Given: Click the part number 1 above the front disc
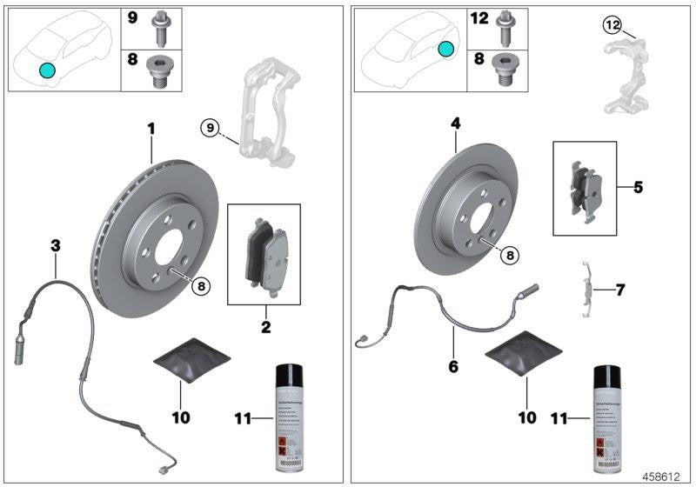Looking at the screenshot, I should click(x=151, y=129).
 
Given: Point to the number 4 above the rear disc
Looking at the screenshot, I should click(x=455, y=125).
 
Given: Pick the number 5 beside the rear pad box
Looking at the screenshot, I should click(x=638, y=187).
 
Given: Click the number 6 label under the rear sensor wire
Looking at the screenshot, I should click(x=453, y=366).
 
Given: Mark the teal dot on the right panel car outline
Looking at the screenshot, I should click(x=445, y=50).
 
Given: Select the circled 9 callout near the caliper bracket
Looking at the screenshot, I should click(x=209, y=129).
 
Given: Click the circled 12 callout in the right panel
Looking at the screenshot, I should click(x=612, y=25).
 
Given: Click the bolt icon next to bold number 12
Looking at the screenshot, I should click(x=504, y=27).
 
